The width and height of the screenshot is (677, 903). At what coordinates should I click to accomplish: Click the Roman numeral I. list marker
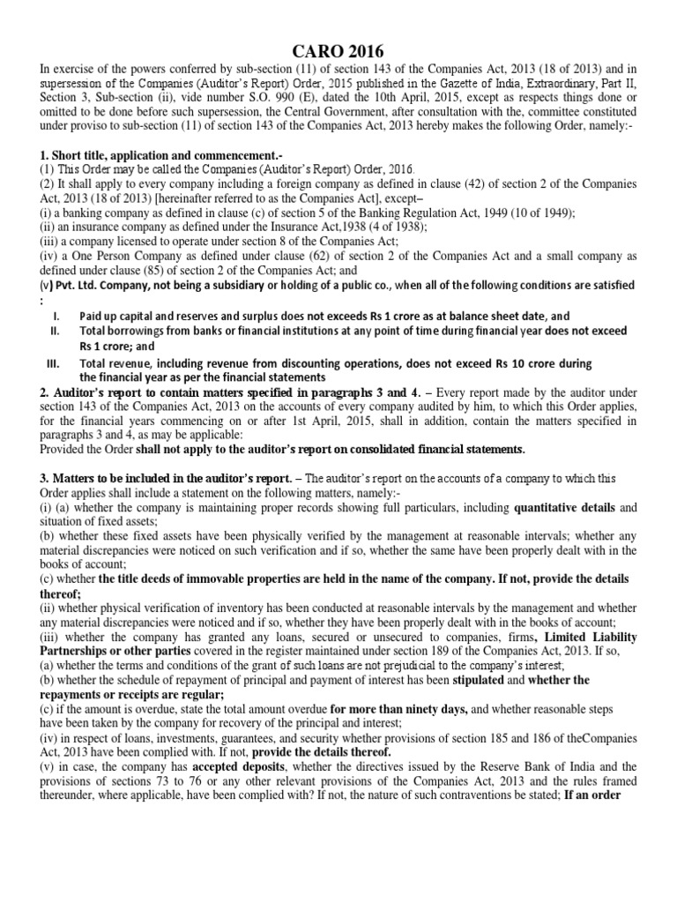[x=56, y=315]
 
